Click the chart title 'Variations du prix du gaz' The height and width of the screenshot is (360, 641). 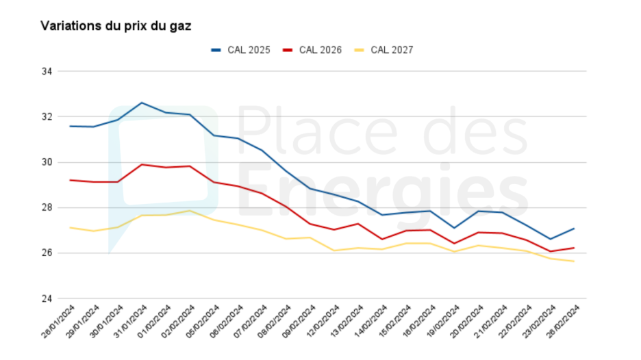(116, 26)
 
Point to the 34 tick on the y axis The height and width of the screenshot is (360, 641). (48, 71)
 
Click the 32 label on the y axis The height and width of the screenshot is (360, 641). (48, 116)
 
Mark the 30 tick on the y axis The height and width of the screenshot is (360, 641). (48, 162)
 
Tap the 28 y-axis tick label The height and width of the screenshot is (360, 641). (48, 207)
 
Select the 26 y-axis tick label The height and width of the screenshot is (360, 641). (48, 253)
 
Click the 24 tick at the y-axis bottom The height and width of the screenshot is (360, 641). (48, 298)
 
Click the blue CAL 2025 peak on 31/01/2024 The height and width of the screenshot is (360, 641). (142, 103)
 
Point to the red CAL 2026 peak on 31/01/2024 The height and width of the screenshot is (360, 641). (142, 164)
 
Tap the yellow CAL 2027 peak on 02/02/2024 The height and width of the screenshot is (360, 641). (190, 211)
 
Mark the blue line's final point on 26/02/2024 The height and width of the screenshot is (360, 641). (573, 229)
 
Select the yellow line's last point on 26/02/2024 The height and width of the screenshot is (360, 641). (573, 261)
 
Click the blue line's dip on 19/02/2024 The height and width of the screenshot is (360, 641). (453, 228)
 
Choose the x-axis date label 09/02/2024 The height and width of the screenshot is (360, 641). (298, 321)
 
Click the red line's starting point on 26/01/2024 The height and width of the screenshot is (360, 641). (70, 180)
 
